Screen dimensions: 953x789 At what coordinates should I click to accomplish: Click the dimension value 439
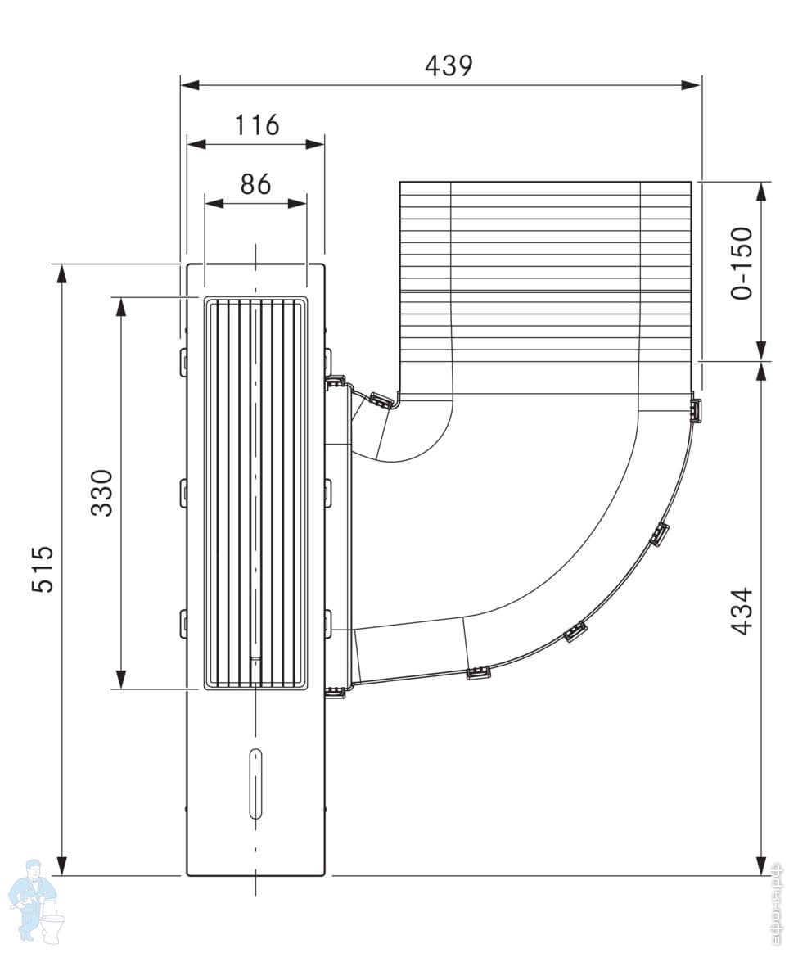(x=449, y=65)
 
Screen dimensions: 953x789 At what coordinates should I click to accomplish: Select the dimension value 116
(x=257, y=125)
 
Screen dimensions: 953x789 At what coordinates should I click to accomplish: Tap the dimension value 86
(x=255, y=184)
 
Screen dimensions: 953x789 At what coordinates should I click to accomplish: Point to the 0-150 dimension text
(x=742, y=263)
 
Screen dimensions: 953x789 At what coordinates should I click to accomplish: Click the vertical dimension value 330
(x=101, y=492)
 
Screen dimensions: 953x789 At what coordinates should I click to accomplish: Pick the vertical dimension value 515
(x=43, y=568)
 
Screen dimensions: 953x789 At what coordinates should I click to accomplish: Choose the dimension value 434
(x=742, y=611)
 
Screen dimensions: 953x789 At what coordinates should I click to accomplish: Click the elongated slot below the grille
(x=255, y=783)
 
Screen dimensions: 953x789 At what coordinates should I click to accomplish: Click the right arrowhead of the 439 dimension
(x=692, y=84)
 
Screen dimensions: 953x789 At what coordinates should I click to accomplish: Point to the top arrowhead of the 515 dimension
(x=61, y=273)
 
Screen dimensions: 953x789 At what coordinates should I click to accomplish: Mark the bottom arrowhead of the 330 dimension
(x=121, y=679)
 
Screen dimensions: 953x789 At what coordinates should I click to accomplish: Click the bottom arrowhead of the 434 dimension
(x=762, y=865)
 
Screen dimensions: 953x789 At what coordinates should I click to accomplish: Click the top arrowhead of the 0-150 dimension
(x=762, y=191)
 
